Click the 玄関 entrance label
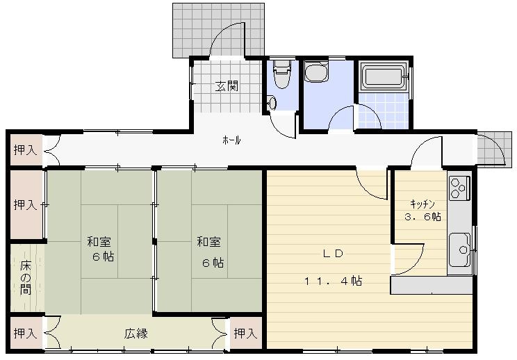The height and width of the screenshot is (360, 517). [x=227, y=86]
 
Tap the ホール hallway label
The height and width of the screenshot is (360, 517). [x=231, y=140]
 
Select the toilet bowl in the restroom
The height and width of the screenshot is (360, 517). [x=281, y=74]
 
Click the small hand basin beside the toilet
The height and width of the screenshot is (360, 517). [x=272, y=103]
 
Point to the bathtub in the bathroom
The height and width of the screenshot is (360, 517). [x=383, y=76]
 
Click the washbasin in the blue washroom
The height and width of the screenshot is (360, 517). [x=316, y=72]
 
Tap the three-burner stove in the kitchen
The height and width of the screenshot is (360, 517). [x=459, y=188]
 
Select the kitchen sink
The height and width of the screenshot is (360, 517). [x=459, y=249]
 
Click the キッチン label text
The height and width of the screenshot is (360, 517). [x=422, y=204]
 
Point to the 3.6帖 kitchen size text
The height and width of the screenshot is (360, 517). [x=422, y=217]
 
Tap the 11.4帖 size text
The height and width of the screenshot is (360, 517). [x=333, y=281]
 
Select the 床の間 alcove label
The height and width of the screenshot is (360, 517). [x=26, y=277]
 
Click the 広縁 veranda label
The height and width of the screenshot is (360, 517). [x=136, y=334]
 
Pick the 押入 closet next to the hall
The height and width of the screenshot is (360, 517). [x=26, y=150]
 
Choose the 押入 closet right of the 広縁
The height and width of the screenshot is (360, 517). [x=245, y=334]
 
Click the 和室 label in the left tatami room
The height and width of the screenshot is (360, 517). [x=99, y=242]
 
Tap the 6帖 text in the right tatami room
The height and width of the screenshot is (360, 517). [x=213, y=263]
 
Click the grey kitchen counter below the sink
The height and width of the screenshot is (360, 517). [x=432, y=285]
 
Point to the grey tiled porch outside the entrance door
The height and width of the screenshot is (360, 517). [x=218, y=31]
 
